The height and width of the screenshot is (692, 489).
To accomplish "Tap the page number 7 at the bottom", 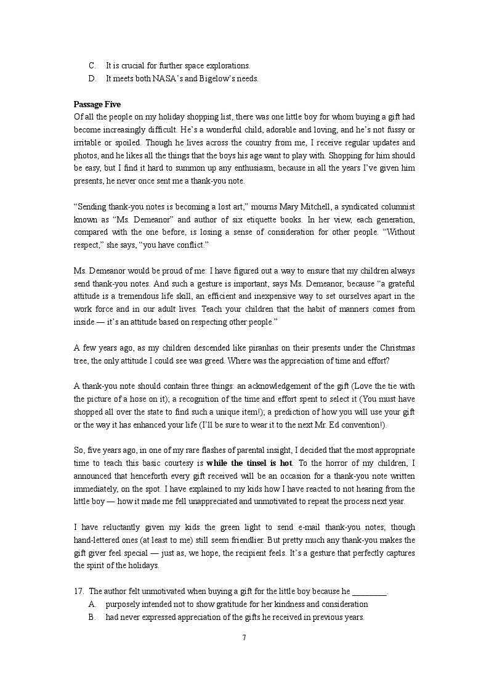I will (244, 637).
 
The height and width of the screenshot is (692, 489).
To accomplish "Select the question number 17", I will (78, 592).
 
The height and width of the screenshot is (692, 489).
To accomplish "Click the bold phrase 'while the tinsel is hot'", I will (249, 462).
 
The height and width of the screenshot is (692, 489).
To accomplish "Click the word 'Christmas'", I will (397, 348).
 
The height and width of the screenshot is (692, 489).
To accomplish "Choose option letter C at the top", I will (92, 65).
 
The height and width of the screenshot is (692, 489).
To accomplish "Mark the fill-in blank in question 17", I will (369, 592).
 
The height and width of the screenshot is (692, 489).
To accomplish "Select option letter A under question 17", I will (92, 604).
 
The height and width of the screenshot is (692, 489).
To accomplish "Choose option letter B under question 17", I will (92, 617).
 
